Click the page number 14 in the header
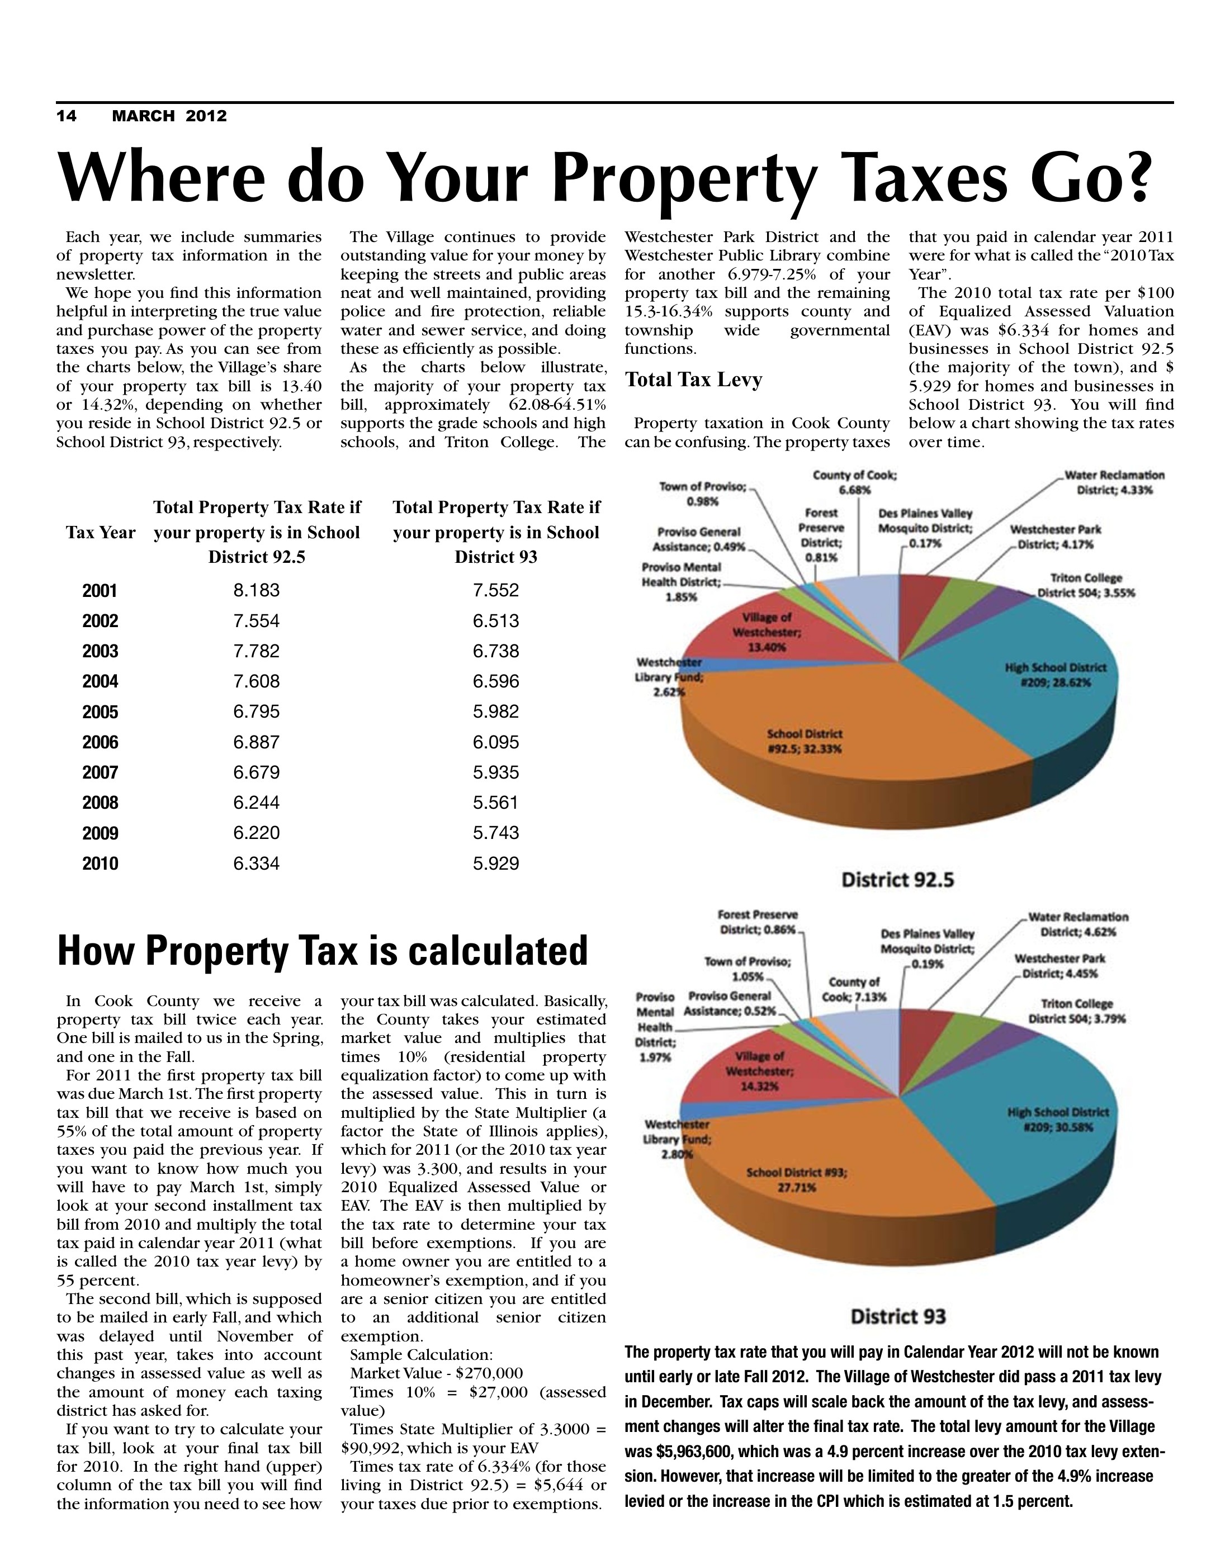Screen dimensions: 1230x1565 point(67,116)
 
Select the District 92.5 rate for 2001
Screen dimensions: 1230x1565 point(257,591)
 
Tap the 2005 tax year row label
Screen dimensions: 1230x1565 point(100,712)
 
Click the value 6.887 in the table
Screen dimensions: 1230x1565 point(257,742)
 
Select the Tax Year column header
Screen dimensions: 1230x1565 point(101,533)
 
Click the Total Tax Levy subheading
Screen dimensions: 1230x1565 point(693,380)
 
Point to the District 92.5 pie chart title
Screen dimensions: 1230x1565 point(898,880)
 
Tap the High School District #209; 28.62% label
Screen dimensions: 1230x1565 point(1055,675)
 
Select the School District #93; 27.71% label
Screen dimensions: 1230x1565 point(797,1180)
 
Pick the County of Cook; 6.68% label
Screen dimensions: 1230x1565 point(855,482)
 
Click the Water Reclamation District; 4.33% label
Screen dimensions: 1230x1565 point(1114,482)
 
